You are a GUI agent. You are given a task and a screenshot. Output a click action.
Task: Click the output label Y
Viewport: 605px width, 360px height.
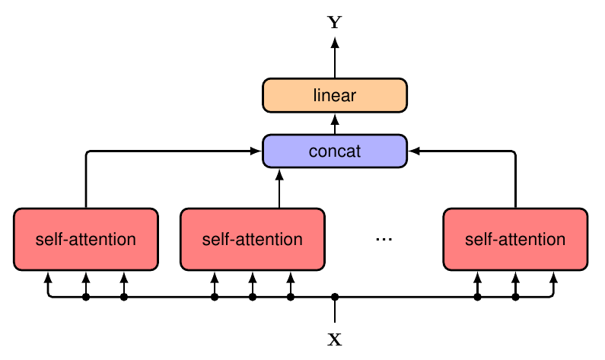[x=335, y=22]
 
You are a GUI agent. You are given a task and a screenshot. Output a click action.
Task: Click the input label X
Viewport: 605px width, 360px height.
[x=335, y=339]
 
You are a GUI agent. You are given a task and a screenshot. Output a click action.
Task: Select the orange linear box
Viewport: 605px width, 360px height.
[x=335, y=95]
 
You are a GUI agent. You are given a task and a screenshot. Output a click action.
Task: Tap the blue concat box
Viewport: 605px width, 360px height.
[x=335, y=151]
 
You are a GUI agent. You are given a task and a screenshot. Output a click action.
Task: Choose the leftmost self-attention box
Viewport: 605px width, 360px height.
[x=85, y=239]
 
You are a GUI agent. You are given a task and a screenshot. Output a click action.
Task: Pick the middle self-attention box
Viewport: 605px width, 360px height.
[x=252, y=239]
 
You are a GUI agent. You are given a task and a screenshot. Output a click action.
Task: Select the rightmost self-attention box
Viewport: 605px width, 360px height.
[x=515, y=239]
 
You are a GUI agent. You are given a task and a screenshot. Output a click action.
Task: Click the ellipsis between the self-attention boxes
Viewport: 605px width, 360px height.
[x=384, y=240]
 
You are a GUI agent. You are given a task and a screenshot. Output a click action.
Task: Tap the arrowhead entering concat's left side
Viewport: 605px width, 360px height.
[x=256, y=151]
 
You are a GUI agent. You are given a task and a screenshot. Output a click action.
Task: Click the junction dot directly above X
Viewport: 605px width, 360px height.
[x=335, y=297]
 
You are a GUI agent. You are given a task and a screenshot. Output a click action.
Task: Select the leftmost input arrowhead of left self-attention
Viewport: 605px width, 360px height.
[x=48, y=277]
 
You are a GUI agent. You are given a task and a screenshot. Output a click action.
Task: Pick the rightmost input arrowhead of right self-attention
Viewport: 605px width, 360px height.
[x=553, y=277]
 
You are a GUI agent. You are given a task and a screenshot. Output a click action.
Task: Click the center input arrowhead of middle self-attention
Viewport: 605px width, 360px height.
[x=252, y=277]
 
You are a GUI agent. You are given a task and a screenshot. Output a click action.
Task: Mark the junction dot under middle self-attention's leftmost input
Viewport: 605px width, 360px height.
[x=215, y=297]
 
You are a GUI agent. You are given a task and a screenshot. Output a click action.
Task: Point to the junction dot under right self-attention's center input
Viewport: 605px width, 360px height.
[x=515, y=297]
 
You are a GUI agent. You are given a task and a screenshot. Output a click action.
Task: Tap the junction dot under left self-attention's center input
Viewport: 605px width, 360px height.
[x=86, y=297]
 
